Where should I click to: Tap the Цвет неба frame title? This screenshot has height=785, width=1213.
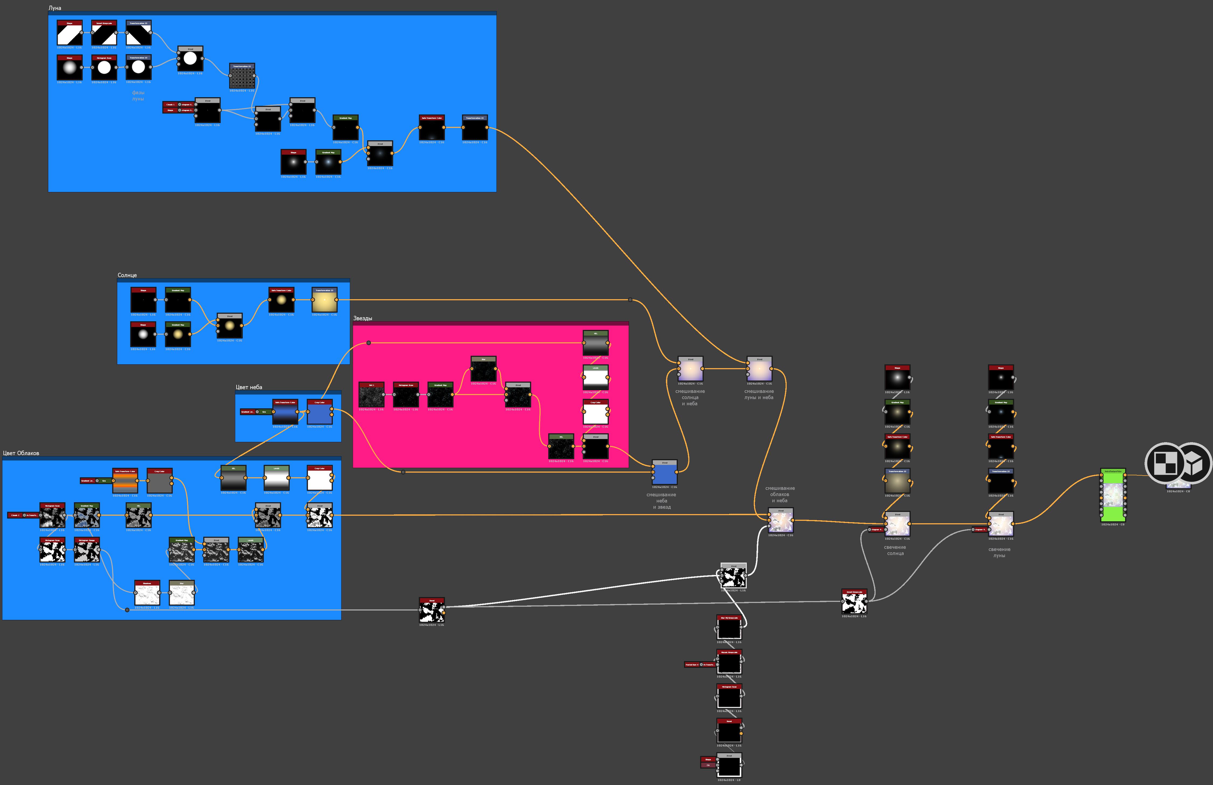[249, 387]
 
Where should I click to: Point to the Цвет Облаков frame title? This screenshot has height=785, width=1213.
[21, 453]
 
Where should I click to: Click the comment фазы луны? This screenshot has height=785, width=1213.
[138, 96]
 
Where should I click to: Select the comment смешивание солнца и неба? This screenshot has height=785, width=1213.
[690, 397]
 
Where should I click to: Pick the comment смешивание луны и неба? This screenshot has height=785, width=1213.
[759, 394]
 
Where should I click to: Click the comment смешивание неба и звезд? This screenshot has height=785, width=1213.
[662, 501]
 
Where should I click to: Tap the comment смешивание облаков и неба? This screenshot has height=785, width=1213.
[780, 494]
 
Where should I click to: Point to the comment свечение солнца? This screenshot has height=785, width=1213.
[895, 550]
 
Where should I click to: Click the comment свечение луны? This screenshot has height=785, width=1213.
[1000, 552]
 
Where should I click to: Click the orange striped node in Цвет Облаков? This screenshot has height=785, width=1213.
[125, 482]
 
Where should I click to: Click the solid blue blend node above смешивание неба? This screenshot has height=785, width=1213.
[665, 474]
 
